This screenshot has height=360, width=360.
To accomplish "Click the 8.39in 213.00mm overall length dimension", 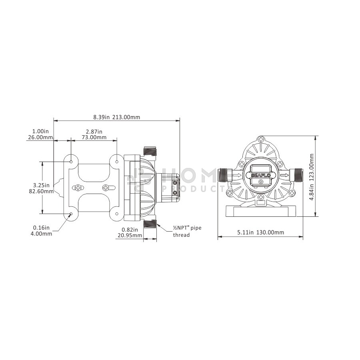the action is point(116,117).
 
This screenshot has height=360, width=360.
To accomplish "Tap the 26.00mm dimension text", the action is point(40,138).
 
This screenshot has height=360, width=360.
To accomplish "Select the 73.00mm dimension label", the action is point(94,138).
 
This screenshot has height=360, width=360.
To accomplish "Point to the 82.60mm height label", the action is point(41,191).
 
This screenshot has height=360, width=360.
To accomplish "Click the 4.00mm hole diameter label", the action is point(41,234).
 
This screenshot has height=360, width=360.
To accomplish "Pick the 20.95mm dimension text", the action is point(130,235).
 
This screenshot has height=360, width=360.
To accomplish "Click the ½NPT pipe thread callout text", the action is point(187,232).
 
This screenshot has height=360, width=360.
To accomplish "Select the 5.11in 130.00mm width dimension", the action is point(260,232).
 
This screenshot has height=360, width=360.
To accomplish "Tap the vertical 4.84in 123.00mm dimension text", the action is point(312,177).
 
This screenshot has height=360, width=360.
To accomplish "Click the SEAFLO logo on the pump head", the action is point(261,176).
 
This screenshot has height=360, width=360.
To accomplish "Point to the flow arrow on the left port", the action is point(237,176).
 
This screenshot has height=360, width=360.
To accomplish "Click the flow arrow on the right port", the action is point(284,176).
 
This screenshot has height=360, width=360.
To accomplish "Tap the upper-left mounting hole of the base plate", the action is point(71,162).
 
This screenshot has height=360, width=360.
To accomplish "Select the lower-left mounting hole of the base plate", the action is point(71,214).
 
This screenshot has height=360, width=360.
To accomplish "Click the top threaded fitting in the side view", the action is point(150,151).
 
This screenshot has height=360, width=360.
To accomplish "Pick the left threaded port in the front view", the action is point(225,176).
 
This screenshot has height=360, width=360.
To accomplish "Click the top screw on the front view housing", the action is point(260,139).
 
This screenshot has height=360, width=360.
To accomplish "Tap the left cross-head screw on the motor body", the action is point(78,188).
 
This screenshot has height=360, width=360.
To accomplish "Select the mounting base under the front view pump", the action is point(260,211).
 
